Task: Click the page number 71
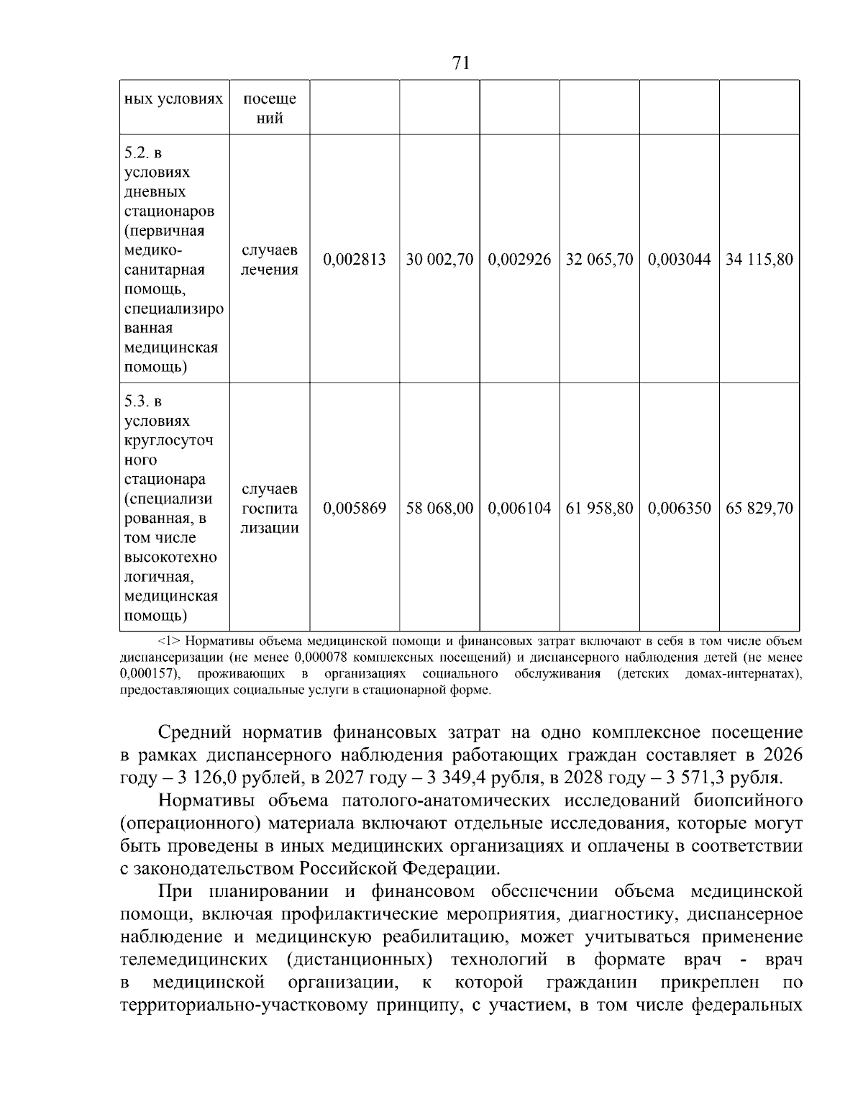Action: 461,63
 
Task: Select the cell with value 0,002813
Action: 355,260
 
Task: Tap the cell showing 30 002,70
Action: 439,260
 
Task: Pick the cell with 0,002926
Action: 519,260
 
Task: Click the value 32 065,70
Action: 599,260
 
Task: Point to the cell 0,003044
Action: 679,260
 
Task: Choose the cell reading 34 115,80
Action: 759,260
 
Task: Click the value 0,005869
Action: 355,509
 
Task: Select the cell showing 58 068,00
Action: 439,509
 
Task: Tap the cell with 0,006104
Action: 519,509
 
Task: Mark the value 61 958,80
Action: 599,509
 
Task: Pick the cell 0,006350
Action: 679,509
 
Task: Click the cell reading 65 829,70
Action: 759,509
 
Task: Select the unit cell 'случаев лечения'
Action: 269,260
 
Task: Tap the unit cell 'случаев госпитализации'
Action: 269,509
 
